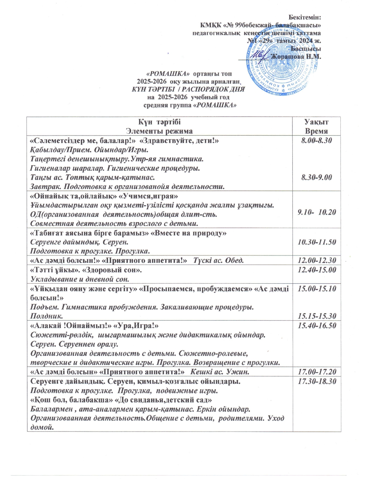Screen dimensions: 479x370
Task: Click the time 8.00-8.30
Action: (317, 141)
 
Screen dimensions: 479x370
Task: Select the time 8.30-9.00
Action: (317, 178)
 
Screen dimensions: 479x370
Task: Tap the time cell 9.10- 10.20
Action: (317, 212)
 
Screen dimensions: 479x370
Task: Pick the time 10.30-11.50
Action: (317, 242)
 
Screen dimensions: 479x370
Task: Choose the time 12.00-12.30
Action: (317, 260)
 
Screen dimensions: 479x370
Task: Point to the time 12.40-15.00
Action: (317, 270)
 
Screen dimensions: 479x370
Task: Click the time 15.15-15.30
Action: (317, 316)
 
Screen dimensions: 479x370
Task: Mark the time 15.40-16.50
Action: (317, 325)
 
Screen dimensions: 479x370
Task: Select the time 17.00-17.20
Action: (317, 372)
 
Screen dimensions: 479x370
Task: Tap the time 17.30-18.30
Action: (317, 381)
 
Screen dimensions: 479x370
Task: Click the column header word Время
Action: (316, 131)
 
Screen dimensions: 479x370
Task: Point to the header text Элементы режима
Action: (159, 131)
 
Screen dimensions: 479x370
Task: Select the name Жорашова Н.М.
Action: (296, 56)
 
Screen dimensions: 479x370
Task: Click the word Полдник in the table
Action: (47, 316)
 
